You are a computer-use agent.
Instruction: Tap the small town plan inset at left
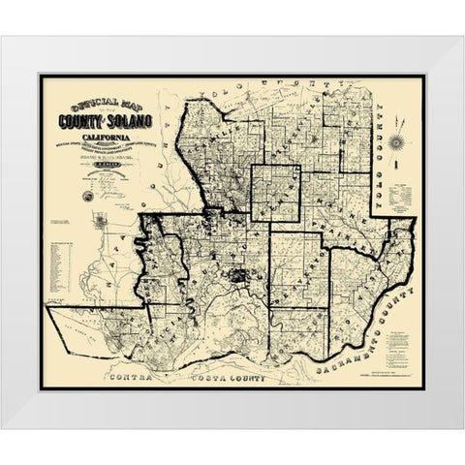coord(101,224)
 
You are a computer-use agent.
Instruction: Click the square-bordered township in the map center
coord(275,198)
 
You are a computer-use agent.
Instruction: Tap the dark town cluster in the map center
coord(236,275)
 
